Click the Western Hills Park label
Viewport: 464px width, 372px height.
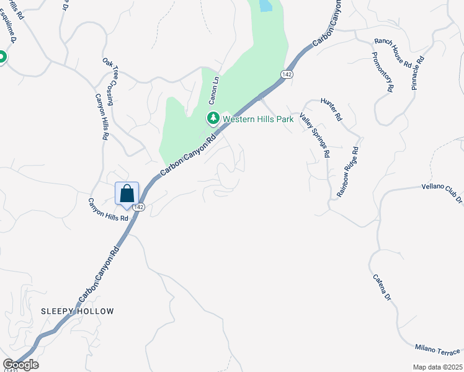[257, 118]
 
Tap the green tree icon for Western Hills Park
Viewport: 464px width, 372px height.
[213, 118]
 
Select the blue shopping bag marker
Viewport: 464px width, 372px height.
[127, 193]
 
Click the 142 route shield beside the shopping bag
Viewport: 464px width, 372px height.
[138, 207]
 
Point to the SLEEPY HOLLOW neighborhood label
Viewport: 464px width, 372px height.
[78, 311]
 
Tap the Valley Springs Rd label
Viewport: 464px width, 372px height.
[315, 134]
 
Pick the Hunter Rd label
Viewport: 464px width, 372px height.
[331, 108]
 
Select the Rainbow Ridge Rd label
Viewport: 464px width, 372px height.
[348, 172]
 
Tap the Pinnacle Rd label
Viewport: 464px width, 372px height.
[418, 73]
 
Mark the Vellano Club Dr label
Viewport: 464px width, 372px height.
[442, 193]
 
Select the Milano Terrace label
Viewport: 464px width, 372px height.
[439, 350]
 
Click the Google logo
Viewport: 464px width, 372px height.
[20, 365]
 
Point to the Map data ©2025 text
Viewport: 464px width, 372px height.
[437, 367]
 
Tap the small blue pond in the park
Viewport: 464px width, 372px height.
[265, 6]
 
